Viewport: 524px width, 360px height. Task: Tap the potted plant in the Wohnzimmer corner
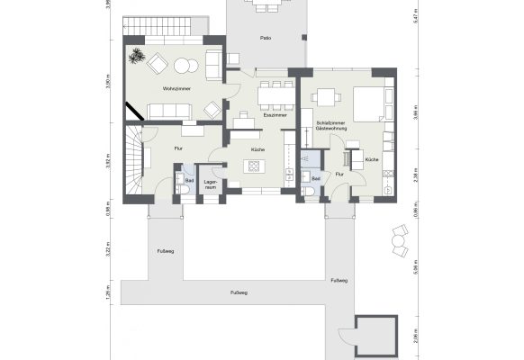(x=137, y=56)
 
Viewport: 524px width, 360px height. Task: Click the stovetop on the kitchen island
(x=253, y=166)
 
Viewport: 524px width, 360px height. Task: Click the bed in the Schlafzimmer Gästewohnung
(x=372, y=103)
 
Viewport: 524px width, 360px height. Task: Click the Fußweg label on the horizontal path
(x=239, y=293)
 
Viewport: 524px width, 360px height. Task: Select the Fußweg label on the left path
(x=165, y=249)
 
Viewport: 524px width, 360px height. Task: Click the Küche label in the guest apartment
(x=372, y=158)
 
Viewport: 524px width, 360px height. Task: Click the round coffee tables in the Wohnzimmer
(x=185, y=65)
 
